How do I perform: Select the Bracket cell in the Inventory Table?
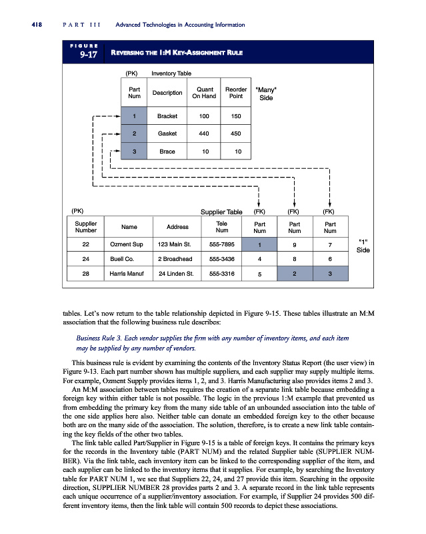click(x=167, y=116)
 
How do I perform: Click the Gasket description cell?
click(x=167, y=133)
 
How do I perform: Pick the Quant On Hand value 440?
click(x=204, y=133)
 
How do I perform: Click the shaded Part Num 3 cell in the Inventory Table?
click(x=135, y=152)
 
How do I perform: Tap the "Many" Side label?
click(x=266, y=93)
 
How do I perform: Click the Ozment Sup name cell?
click(x=125, y=244)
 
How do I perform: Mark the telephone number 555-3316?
click(x=222, y=273)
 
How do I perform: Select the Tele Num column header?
click(x=222, y=227)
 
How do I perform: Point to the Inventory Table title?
click(x=171, y=72)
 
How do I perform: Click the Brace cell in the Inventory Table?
click(x=167, y=152)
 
